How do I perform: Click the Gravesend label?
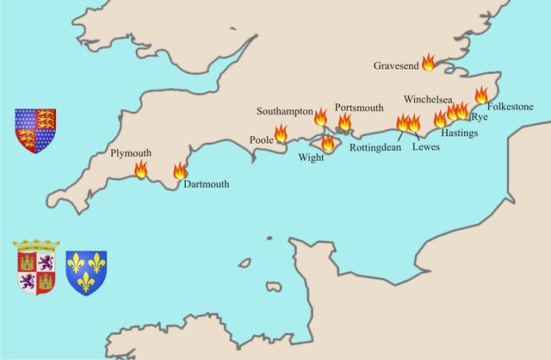point(395,65)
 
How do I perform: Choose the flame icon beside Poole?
point(281,133)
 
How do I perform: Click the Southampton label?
point(285,112)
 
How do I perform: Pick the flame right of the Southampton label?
point(320,117)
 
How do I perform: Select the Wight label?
point(310,158)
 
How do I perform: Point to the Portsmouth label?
point(359,107)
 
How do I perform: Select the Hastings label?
point(459,133)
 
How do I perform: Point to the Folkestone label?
point(511,107)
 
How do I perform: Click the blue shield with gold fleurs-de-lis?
point(86,272)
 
